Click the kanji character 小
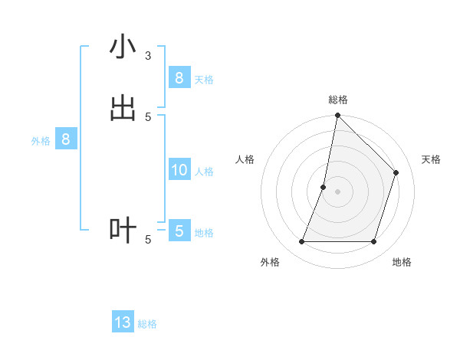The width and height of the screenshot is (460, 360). click(123, 47)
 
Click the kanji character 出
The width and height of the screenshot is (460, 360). click(123, 109)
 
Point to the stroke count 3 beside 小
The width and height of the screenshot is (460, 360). click(148, 56)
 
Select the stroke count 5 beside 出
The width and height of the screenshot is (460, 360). click(148, 117)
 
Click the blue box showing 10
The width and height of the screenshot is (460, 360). click(179, 170)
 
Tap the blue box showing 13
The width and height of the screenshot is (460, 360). click(123, 322)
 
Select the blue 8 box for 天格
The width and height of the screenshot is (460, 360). click(179, 77)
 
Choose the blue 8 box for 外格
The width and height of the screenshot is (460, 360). click(66, 139)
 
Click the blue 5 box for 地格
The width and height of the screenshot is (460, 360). click(179, 231)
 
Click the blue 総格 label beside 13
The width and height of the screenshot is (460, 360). click(147, 324)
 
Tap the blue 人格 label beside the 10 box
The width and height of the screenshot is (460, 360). click(205, 172)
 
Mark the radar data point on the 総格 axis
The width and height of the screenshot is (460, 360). click(337, 116)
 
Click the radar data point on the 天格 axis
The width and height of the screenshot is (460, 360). click(396, 172)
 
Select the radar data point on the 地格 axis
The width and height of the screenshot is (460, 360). click(373, 242)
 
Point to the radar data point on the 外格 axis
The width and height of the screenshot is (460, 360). click(301, 242)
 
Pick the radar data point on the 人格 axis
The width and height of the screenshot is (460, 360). click(324, 187)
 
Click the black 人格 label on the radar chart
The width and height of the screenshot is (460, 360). click(245, 159)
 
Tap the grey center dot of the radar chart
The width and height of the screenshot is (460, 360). click(337, 191)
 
